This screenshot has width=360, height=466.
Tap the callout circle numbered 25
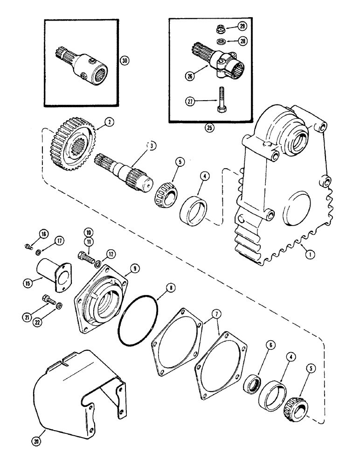click(209, 127)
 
